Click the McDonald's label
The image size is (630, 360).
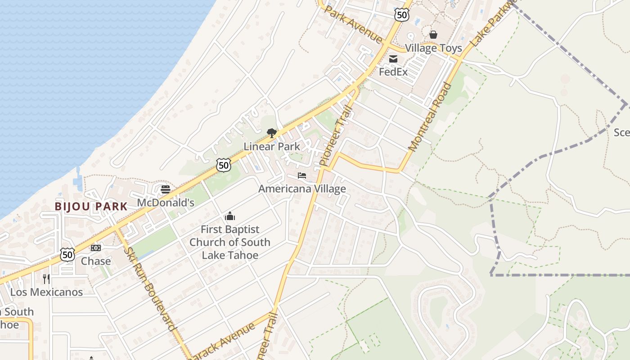click(166, 202)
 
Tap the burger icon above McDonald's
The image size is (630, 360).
click(166, 189)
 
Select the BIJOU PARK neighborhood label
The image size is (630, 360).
click(91, 207)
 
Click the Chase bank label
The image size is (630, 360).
click(96, 261)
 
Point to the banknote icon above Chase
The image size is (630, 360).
click(96, 248)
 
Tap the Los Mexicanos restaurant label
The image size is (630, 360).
click(46, 292)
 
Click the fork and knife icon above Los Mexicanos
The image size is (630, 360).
click(46, 279)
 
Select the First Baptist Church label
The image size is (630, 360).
click(230, 242)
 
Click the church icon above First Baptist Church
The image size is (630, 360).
click(230, 216)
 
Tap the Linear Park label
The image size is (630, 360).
click(272, 146)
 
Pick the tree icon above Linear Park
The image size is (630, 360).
click(271, 133)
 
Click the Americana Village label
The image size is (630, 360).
click(302, 189)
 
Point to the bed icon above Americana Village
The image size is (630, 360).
click(302, 175)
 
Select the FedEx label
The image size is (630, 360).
click(393, 72)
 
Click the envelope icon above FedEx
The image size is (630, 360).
click(393, 58)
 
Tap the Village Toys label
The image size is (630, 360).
click(433, 48)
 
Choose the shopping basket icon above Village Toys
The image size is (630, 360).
click(433, 35)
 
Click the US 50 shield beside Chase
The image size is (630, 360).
click(67, 255)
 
